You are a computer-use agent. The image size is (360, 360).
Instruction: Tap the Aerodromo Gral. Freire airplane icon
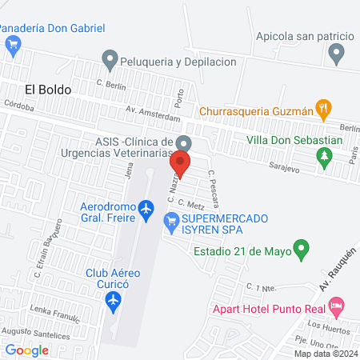[145, 210]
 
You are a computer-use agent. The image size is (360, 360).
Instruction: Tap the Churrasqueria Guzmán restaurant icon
[323, 106]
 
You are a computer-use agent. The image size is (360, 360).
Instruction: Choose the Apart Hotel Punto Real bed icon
[337, 306]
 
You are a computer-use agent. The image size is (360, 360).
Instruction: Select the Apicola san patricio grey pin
[337, 54]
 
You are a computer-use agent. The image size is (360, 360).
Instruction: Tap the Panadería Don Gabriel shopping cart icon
[12, 46]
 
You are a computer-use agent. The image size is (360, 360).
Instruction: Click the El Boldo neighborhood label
[47, 90]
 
